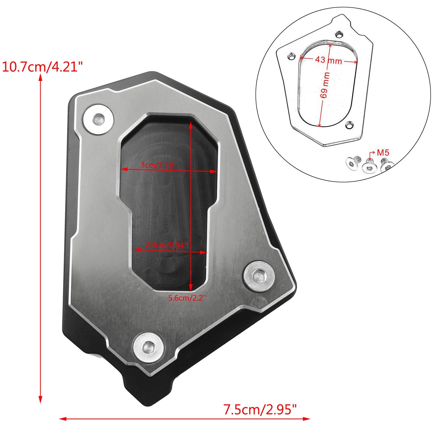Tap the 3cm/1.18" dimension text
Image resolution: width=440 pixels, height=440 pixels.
[158, 165]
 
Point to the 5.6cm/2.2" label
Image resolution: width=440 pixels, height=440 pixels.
[187, 298]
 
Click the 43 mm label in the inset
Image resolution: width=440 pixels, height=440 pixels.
[328, 60]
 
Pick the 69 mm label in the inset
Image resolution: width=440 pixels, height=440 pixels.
[325, 85]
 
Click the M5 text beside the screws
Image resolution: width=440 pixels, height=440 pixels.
[383, 153]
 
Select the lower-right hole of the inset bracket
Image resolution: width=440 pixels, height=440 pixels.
[349, 125]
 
